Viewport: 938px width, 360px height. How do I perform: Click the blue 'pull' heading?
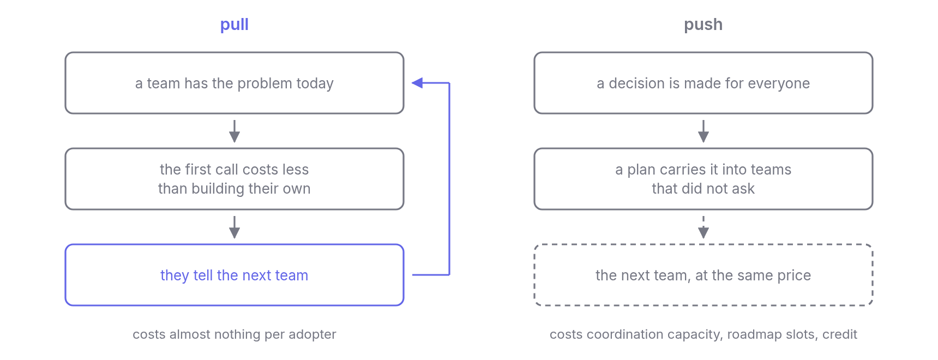click(234, 25)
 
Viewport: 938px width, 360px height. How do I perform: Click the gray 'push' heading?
click(703, 25)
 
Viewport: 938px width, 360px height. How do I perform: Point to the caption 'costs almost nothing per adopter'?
click(234, 334)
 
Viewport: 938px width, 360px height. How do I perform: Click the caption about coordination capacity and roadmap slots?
click(703, 334)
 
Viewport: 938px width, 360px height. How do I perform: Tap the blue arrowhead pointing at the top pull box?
click(417, 83)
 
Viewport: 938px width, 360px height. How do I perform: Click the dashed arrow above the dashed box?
click(703, 227)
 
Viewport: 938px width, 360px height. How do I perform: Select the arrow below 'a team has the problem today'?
click(234, 131)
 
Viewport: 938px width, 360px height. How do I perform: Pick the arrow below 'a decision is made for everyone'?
click(703, 131)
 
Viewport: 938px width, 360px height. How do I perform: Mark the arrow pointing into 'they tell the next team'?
click(234, 227)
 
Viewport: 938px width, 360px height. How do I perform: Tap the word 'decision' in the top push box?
click(634, 83)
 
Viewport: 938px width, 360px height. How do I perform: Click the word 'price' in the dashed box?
click(794, 275)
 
